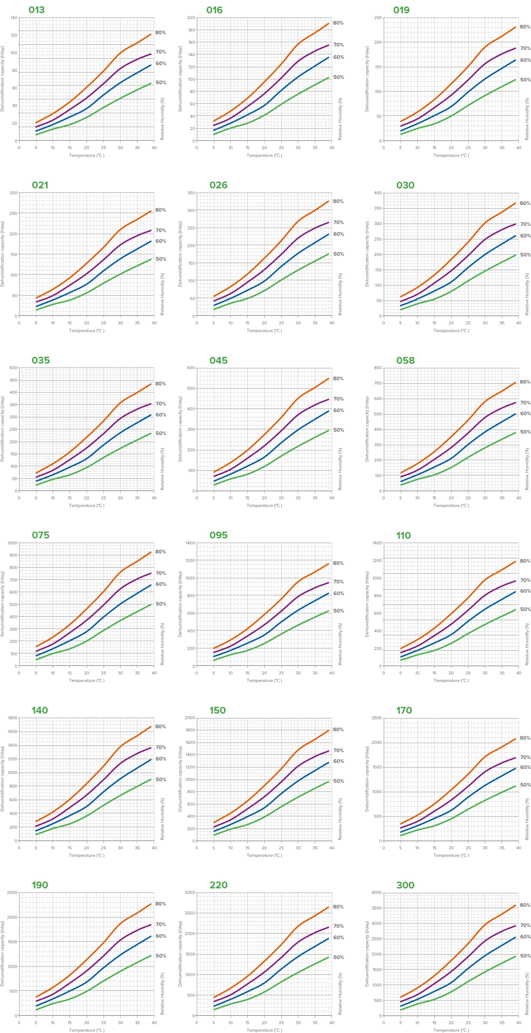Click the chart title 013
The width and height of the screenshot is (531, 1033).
tap(36, 10)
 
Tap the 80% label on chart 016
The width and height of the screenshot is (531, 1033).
tap(338, 23)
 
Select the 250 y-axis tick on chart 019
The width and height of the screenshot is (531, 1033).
tap(378, 18)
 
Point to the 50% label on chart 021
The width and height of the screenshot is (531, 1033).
tap(161, 259)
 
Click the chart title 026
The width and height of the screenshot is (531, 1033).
tap(218, 185)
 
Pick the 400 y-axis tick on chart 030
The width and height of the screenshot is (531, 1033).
tap(378, 193)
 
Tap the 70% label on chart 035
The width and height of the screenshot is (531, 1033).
tap(161, 404)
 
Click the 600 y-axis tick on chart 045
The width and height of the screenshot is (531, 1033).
tap(191, 368)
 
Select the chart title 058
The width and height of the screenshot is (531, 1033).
tap(405, 360)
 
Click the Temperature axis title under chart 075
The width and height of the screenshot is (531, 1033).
tap(87, 680)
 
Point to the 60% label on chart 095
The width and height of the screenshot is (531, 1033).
tap(339, 593)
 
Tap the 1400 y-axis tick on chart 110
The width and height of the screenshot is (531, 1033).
tap(377, 543)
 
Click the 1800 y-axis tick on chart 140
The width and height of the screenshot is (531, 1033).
tap(13, 718)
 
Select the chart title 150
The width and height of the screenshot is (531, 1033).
tap(218, 710)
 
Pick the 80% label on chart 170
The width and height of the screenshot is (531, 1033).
tap(525, 738)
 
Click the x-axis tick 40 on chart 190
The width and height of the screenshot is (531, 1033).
tap(154, 1023)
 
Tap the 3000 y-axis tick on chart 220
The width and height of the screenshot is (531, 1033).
tap(190, 892)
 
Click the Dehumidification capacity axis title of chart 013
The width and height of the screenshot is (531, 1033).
tap(3, 78)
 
